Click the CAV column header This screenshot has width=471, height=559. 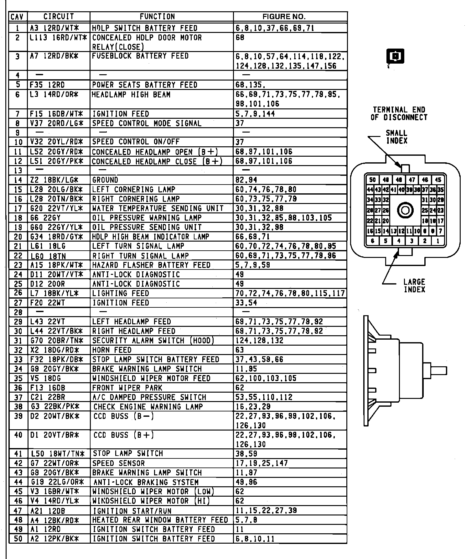(x=18, y=17)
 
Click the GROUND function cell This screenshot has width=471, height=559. (x=105, y=180)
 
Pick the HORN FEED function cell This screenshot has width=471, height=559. (x=112, y=350)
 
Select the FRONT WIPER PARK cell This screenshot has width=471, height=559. (x=127, y=388)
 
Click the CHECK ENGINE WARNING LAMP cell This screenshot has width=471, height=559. (x=148, y=407)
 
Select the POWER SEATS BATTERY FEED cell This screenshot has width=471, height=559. (x=145, y=85)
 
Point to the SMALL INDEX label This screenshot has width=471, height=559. (x=396, y=137)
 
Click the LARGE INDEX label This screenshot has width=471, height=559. (x=414, y=285)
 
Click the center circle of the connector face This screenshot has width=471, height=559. (x=405, y=210)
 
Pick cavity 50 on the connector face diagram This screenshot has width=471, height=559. (x=372, y=180)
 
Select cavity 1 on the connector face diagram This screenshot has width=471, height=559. (x=438, y=241)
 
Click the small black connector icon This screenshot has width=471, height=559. (x=395, y=56)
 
